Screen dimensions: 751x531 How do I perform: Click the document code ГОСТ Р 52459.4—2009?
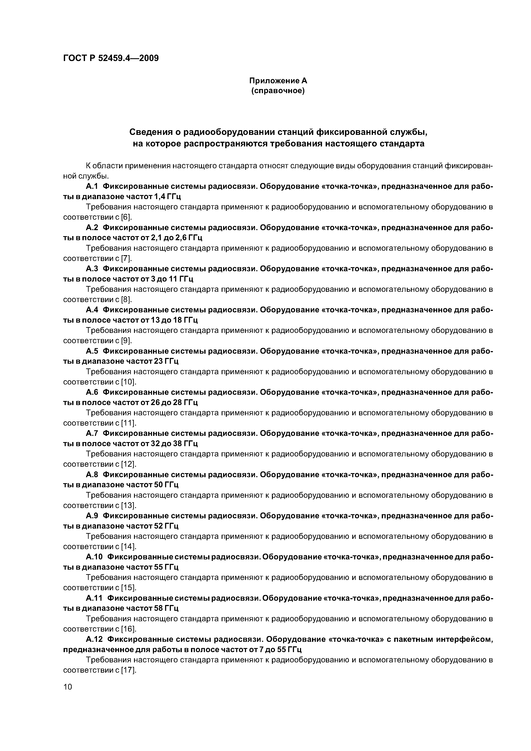pos(110,58)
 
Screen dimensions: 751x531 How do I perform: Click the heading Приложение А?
pos(278,80)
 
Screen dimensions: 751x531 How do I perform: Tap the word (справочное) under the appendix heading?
pos(278,91)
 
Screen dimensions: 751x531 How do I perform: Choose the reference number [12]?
pos(129,464)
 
